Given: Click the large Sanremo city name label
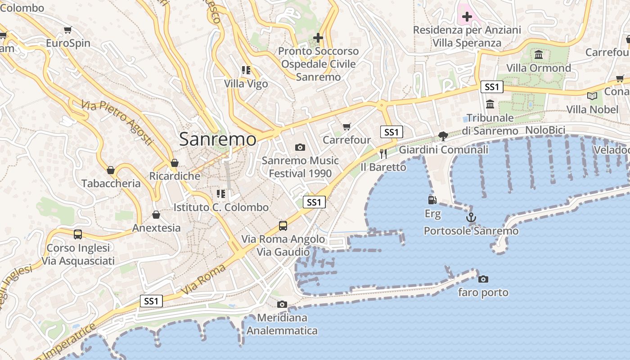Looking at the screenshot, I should (x=218, y=139).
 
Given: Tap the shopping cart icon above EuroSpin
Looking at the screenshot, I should (x=67, y=30).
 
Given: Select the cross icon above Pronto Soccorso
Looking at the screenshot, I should (x=319, y=38).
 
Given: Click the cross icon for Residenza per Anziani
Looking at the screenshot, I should (x=467, y=17).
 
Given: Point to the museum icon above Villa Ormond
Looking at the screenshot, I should (x=538, y=55).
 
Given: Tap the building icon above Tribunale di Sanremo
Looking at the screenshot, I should (x=490, y=104).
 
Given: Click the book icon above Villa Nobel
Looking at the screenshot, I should (x=592, y=96).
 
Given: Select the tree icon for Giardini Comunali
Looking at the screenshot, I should (x=443, y=136).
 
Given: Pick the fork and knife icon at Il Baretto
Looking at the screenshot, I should (x=383, y=154).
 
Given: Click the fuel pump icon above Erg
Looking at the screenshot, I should (x=432, y=200).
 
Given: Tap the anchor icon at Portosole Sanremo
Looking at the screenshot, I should (x=471, y=218).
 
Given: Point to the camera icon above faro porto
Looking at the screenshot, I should (x=483, y=279).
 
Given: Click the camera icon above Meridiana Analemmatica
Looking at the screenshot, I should (x=282, y=305).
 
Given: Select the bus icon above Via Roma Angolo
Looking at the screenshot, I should (x=283, y=225).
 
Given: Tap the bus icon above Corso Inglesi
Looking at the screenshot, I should (x=78, y=234).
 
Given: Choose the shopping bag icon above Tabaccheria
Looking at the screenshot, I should (x=111, y=170).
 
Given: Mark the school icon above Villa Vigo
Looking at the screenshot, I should (x=246, y=70).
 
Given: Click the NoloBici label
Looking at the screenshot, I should (x=545, y=130).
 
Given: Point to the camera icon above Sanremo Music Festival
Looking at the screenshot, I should (x=300, y=147).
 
